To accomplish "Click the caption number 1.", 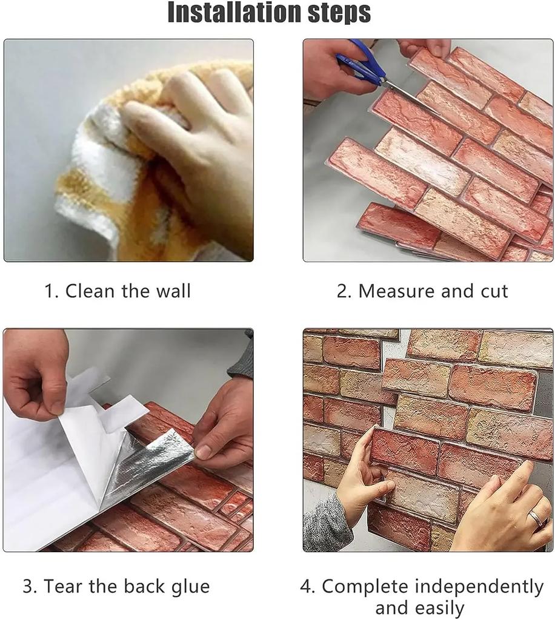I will point(51,291).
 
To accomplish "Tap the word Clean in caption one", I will point(90,291).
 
